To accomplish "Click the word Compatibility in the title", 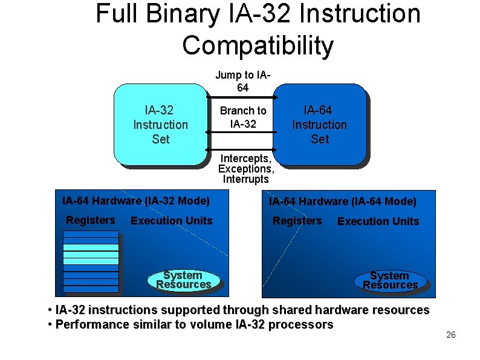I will [257, 45].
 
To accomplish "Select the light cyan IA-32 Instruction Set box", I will [160, 125].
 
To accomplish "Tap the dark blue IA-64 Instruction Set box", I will [319, 125].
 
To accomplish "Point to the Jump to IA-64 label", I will [242, 81].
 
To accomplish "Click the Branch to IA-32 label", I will [242, 117].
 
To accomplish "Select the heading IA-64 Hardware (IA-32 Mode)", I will [136, 200].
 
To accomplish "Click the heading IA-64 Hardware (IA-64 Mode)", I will [342, 201].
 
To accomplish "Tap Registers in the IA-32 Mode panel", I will [90, 220].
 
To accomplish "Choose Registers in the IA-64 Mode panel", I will [297, 221].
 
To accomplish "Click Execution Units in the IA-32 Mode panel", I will [171, 221].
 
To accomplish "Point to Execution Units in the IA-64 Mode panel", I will [378, 221].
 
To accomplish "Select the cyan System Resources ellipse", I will [183, 280].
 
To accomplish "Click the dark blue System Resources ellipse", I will [390, 280].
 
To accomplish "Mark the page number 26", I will [450, 335].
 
